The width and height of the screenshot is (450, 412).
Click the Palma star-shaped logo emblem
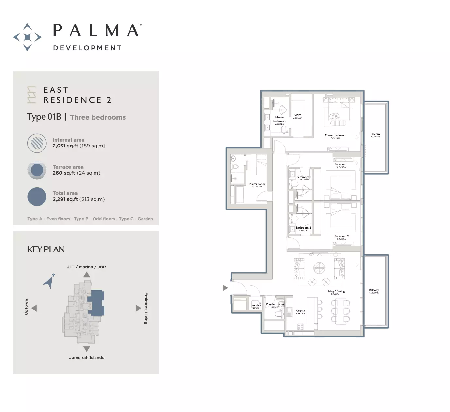click(27, 37)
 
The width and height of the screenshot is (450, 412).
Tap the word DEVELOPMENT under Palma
click(87, 48)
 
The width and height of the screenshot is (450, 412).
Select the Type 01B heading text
click(44, 117)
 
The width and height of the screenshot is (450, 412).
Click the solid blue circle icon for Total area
click(37, 197)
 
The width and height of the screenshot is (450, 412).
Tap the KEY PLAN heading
click(46, 249)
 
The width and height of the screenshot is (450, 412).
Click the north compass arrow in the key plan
click(49, 281)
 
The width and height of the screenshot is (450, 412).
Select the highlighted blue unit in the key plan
click(97, 303)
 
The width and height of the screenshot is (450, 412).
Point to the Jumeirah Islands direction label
click(87, 358)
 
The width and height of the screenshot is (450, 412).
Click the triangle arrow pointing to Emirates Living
click(138, 308)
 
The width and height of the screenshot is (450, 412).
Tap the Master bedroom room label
click(335, 135)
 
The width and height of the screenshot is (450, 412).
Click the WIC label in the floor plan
click(297, 115)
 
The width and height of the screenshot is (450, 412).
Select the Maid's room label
click(257, 184)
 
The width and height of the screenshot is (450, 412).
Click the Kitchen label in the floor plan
click(300, 311)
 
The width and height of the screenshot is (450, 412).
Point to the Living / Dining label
click(336, 291)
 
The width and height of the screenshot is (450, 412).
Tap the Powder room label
click(275, 304)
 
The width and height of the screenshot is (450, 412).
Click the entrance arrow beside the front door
click(225, 288)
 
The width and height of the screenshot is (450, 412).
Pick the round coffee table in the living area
click(319, 268)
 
